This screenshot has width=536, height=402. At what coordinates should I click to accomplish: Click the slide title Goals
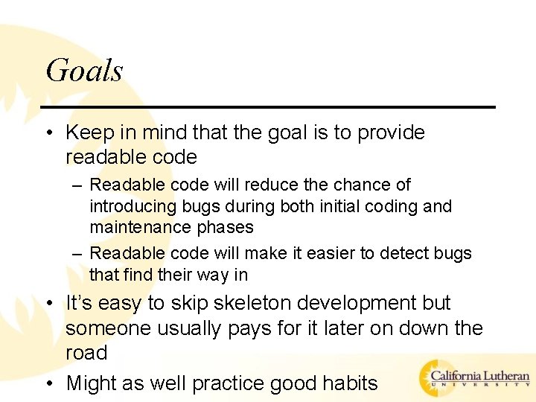click(84, 71)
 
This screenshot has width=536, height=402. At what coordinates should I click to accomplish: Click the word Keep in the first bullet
click(89, 133)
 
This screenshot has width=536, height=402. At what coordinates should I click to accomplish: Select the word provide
click(391, 133)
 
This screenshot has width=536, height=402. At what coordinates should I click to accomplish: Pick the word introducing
click(130, 206)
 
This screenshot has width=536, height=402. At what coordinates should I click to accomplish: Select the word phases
click(225, 227)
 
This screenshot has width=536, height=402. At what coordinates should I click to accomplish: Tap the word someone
click(102, 328)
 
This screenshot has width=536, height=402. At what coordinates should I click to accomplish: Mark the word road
click(86, 353)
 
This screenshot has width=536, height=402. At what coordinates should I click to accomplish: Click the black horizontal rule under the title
click(268, 107)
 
